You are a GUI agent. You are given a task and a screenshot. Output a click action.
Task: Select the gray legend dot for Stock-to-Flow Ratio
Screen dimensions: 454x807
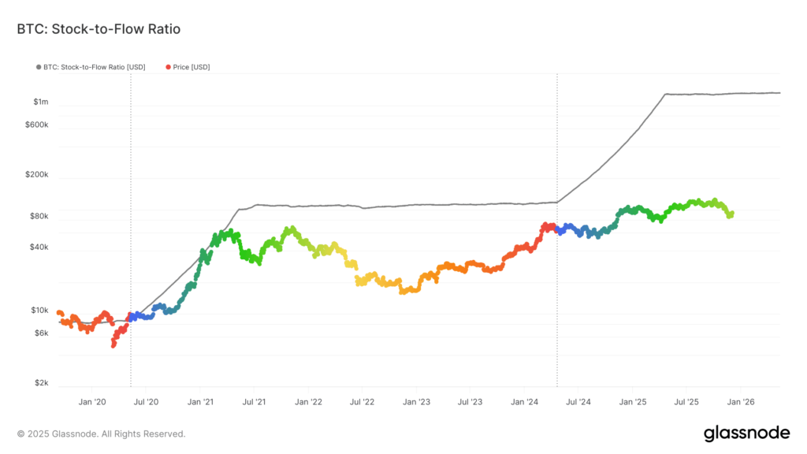(x=38, y=68)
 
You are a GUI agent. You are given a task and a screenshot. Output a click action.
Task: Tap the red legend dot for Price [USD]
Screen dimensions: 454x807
(x=168, y=68)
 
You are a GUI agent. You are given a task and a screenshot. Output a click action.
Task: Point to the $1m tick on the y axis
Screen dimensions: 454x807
(x=41, y=102)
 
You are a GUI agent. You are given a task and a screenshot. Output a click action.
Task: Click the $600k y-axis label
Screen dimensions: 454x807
(x=36, y=125)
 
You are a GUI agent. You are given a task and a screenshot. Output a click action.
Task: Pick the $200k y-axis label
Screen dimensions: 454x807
(x=36, y=175)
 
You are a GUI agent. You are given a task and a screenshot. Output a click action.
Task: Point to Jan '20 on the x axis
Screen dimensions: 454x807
(x=92, y=402)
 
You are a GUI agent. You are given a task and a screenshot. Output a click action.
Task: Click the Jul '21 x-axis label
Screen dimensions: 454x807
(x=254, y=402)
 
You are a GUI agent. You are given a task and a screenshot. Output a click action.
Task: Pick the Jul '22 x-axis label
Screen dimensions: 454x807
(x=361, y=402)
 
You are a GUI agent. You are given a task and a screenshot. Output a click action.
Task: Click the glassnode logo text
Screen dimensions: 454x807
(x=746, y=433)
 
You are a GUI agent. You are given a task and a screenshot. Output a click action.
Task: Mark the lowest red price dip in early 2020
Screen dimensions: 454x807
(x=113, y=344)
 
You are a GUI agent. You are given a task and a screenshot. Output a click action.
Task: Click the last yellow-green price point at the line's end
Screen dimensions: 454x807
(x=731, y=214)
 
